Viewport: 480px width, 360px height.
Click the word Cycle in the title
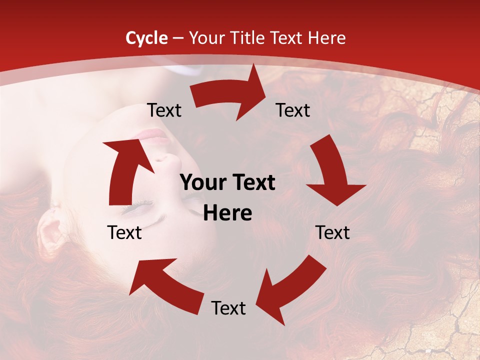tap(146, 38)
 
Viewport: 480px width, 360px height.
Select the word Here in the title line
tap(325, 38)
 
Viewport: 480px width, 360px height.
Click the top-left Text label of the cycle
tap(164, 110)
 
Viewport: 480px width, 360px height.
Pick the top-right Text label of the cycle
tap(293, 110)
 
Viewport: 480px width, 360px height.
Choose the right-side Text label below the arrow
tap(332, 232)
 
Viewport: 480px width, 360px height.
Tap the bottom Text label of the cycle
tap(228, 308)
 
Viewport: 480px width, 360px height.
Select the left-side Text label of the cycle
tap(124, 232)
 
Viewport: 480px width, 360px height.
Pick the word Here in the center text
tap(227, 213)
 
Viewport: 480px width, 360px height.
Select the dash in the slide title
tap(177, 38)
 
